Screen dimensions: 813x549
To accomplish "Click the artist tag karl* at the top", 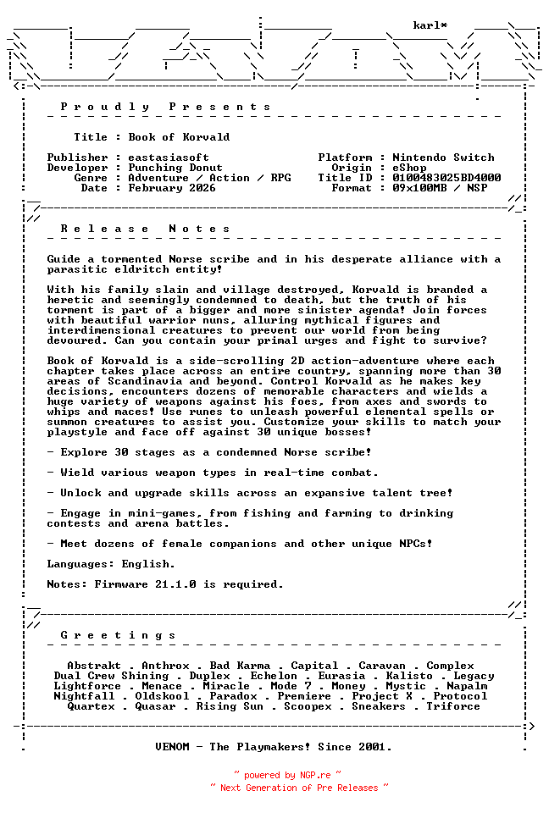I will (x=430, y=25).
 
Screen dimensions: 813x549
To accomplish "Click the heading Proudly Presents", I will (x=166, y=107).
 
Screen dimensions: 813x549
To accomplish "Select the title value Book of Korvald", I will (x=179, y=137).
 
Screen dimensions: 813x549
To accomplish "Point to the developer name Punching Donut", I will (x=175, y=168).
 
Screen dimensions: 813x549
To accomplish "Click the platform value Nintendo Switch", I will (x=443, y=158).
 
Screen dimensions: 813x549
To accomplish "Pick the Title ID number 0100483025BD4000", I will (x=446, y=178).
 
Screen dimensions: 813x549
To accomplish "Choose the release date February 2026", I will (x=172, y=188).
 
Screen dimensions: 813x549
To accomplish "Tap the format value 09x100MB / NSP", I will (x=440, y=188).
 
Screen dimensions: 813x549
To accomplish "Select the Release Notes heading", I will (x=146, y=229).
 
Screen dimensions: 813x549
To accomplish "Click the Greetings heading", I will (x=119, y=635).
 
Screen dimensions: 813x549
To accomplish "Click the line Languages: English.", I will (x=111, y=564).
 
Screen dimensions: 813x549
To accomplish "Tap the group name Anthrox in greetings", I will (x=165, y=666).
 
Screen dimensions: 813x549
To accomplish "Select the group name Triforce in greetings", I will (x=453, y=706).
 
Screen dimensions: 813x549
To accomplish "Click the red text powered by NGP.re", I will (x=288, y=775).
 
